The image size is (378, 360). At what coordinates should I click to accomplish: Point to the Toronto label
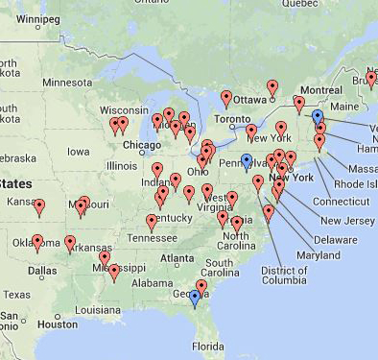(x=230, y=121)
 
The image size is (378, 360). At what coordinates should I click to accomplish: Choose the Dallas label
(x=42, y=271)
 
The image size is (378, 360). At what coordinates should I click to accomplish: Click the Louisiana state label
(x=97, y=310)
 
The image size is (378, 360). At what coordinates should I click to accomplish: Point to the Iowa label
(x=79, y=151)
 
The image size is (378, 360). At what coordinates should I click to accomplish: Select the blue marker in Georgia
(x=195, y=297)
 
